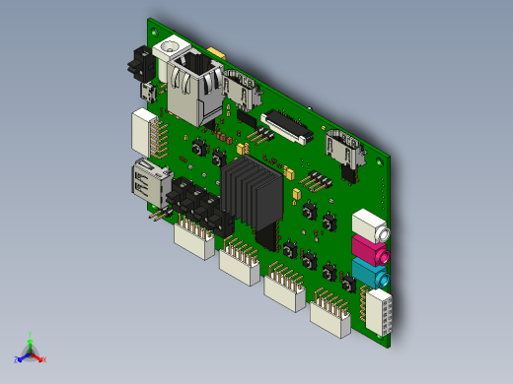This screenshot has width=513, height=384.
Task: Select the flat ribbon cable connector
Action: [286, 129]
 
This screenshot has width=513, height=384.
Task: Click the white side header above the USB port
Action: [146, 133]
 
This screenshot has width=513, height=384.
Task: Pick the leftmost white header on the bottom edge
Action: [194, 239]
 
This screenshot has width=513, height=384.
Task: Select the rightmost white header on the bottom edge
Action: [330, 318]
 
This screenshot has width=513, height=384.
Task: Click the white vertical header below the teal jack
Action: [378, 311]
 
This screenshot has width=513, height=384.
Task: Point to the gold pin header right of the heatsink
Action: [316, 181]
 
